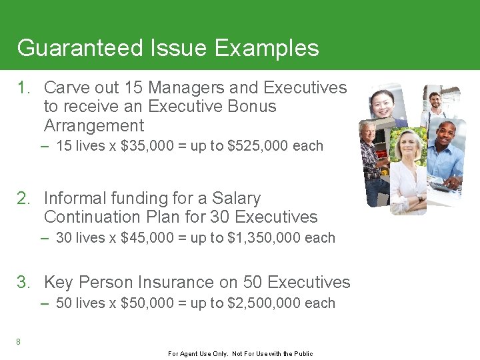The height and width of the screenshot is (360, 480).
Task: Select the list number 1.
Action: (x=23, y=88)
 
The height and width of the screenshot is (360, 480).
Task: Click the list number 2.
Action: (x=23, y=199)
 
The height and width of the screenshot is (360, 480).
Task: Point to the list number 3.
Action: (x=23, y=283)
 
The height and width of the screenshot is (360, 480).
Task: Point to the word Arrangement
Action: (x=93, y=126)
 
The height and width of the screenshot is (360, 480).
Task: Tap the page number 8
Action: (x=19, y=342)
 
